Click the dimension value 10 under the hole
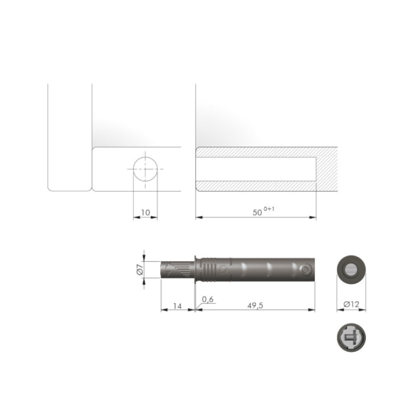[x=145, y=212]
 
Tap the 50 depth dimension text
[x=257, y=212]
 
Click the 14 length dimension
[x=177, y=305]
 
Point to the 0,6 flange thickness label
[x=208, y=299]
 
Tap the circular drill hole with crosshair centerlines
[x=146, y=169]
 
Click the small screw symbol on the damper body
[x=222, y=269]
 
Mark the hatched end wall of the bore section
[x=327, y=169]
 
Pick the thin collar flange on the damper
[x=195, y=269]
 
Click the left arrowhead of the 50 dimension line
[x=199, y=217]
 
